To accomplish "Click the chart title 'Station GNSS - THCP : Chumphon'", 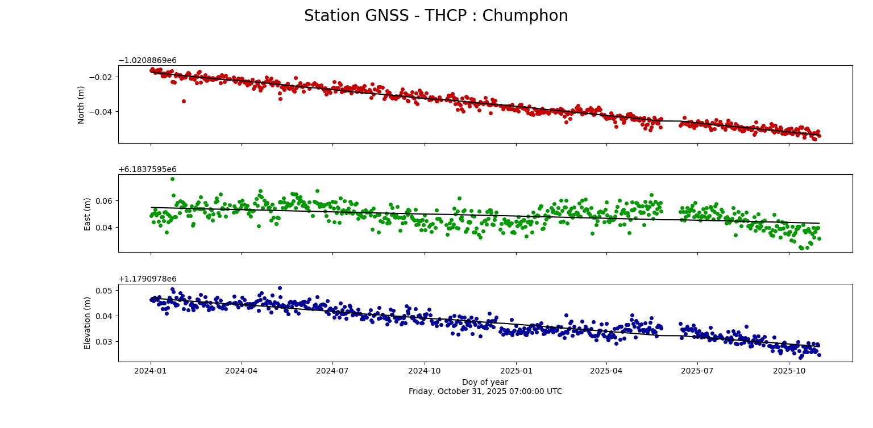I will pyautogui.click(x=436, y=16).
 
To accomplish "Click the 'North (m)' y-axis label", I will pyautogui.click(x=81, y=104).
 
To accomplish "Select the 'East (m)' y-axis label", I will pyautogui.click(x=88, y=213).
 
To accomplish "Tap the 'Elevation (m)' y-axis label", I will pyautogui.click(x=88, y=322).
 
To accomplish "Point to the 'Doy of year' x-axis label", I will pyautogui.click(x=485, y=382).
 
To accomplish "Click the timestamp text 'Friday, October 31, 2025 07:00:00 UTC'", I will pyautogui.click(x=485, y=391).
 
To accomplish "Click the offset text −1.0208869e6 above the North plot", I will pyautogui.click(x=147, y=61).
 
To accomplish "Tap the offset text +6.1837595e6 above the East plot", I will pyautogui.click(x=147, y=170).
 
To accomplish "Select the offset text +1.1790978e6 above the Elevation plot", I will pyautogui.click(x=147, y=279).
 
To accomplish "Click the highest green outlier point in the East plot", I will pyautogui.click(x=172, y=179).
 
